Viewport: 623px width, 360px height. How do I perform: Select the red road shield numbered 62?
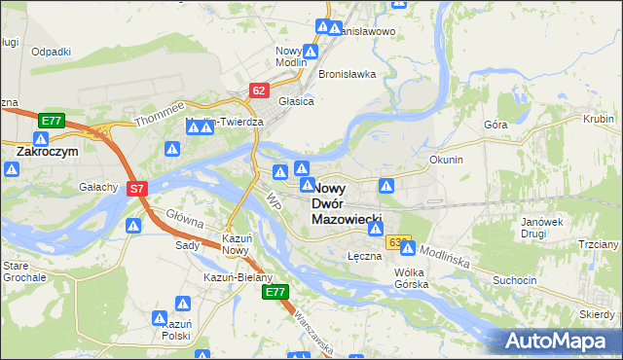click(258, 90)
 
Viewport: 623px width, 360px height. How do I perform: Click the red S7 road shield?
click(137, 189)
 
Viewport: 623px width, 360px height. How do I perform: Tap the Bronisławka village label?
click(347, 75)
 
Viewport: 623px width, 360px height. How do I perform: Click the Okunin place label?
click(445, 159)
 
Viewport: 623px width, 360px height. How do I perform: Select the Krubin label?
click(599, 119)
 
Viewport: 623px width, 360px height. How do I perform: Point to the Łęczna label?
click(363, 255)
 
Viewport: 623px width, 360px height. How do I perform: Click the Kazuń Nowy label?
click(237, 244)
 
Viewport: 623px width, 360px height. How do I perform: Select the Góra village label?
click(495, 126)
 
